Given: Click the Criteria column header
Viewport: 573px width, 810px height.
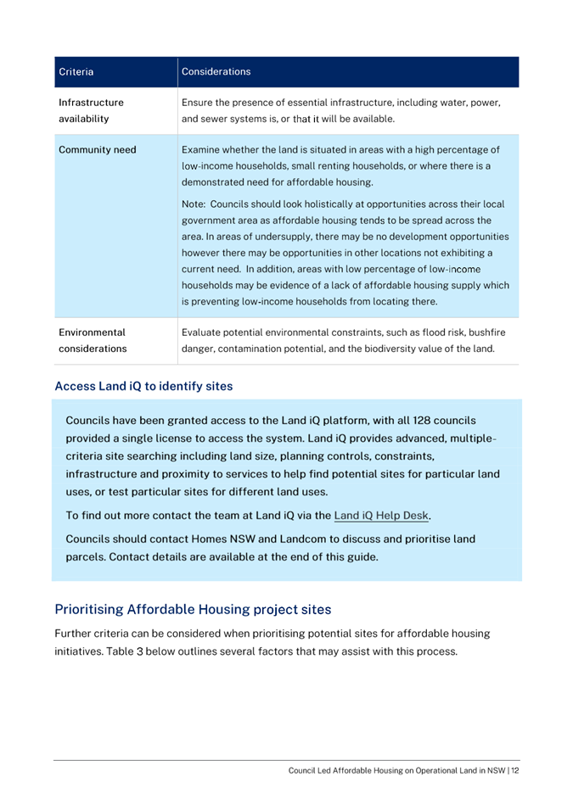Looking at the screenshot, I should coord(76,72).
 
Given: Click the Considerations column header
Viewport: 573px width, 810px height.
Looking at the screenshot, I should coord(216,72).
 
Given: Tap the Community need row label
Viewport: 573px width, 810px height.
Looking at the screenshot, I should coord(97,150).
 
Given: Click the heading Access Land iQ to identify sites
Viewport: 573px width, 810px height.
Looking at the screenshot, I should coord(143,387).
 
